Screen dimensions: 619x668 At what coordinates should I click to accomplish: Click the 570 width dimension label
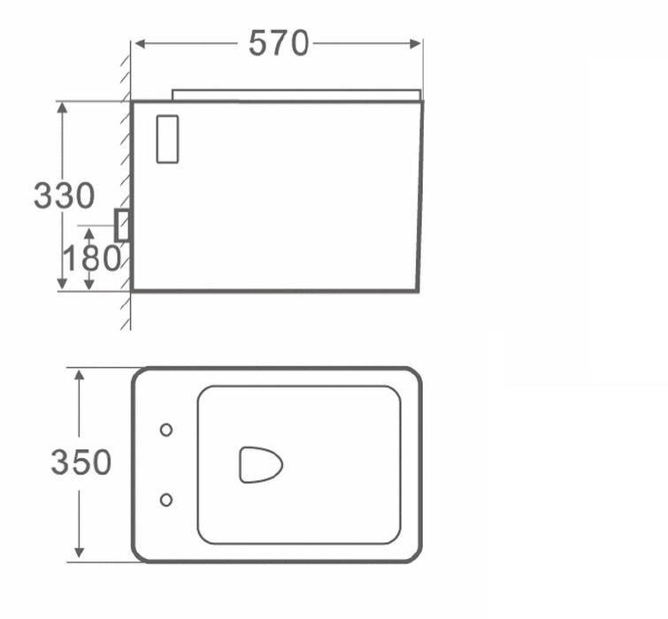(x=279, y=42)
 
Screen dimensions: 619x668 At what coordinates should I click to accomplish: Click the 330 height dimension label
(x=64, y=195)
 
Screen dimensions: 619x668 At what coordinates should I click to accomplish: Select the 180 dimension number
(x=92, y=258)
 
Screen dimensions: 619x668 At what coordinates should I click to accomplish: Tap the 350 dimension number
(x=81, y=462)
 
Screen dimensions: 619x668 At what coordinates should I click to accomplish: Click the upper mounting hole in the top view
(x=166, y=430)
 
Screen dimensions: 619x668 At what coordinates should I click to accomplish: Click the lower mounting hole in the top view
(x=166, y=500)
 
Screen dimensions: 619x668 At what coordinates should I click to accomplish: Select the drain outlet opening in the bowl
(x=260, y=464)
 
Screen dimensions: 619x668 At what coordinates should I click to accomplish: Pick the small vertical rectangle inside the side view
(x=167, y=139)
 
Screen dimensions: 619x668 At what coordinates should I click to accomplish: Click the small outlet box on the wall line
(x=122, y=225)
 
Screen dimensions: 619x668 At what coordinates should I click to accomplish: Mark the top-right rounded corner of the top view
(x=412, y=376)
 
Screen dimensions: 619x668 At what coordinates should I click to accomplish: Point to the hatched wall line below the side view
(x=126, y=309)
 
